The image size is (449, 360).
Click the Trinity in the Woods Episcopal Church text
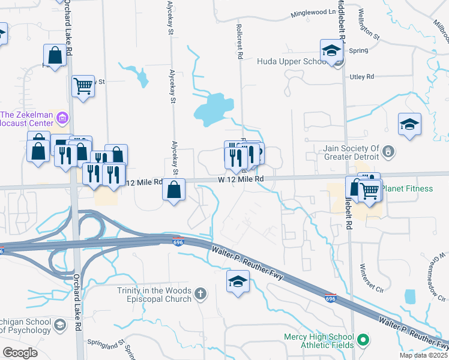[x=154, y=295]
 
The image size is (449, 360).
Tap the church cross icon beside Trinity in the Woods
[x=200, y=294]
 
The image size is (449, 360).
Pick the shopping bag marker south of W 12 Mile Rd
[x=173, y=191]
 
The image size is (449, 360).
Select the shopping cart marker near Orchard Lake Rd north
[x=83, y=86]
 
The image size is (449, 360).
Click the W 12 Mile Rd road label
[x=241, y=179]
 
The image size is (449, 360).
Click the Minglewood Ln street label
[x=313, y=13]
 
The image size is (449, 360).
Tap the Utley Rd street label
[x=362, y=77]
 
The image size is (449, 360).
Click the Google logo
[x=20, y=352]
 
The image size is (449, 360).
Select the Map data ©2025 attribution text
[x=423, y=356]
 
